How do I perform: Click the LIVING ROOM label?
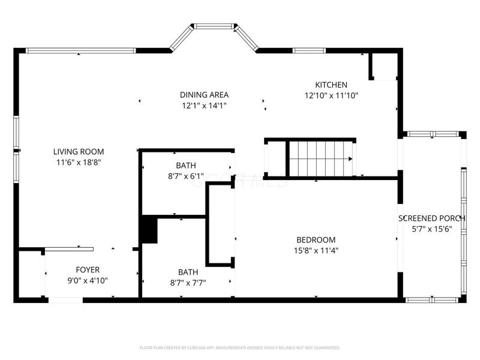click(x=78, y=152)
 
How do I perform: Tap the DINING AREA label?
click(x=204, y=95)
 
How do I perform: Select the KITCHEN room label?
click(x=331, y=85)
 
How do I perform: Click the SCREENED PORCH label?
click(x=431, y=218)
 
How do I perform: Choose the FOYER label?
click(x=88, y=270)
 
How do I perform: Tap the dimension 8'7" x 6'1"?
click(x=185, y=176)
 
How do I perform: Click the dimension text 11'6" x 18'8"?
click(x=78, y=163)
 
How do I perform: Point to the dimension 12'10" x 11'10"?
click(x=331, y=95)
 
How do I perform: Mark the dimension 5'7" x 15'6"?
click(x=431, y=229)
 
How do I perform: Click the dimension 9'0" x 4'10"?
click(x=88, y=280)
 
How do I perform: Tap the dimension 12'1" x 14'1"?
click(x=204, y=106)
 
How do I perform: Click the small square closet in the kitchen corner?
click(x=385, y=66)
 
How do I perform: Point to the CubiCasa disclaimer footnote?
click(x=240, y=347)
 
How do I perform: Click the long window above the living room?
click(x=81, y=51)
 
